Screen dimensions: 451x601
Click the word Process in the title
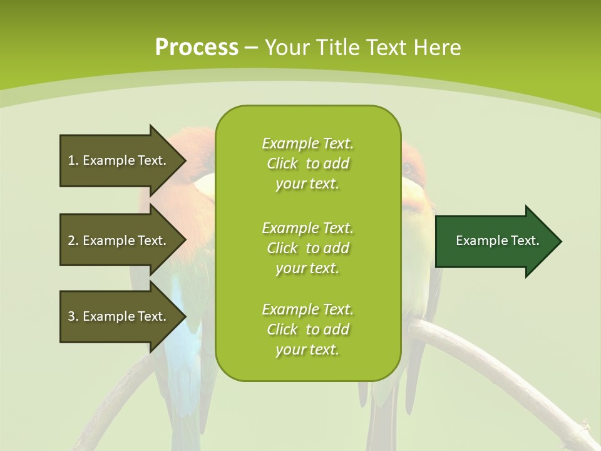pyautogui.click(x=197, y=48)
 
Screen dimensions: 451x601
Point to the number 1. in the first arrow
pyautogui.click(x=73, y=160)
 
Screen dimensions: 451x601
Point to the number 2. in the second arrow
pyautogui.click(x=73, y=241)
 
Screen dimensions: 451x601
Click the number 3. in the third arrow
pyautogui.click(x=73, y=316)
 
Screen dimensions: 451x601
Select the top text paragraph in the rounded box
pyautogui.click(x=307, y=163)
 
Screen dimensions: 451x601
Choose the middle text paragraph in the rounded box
pyautogui.click(x=307, y=248)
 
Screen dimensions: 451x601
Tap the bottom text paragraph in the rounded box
pyautogui.click(x=307, y=329)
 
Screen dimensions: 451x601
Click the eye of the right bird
pyautogui.click(x=408, y=168)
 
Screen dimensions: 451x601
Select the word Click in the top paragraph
pyautogui.click(x=282, y=163)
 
